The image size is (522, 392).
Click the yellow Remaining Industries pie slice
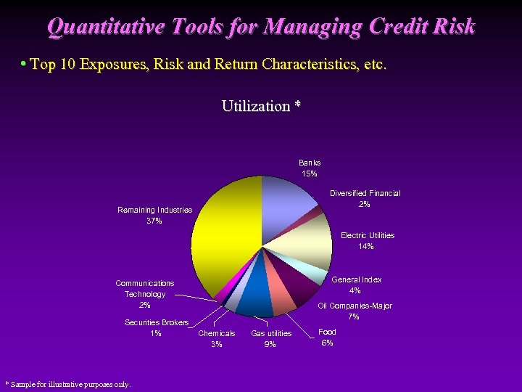point(225,232)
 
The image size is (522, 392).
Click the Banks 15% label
point(310,168)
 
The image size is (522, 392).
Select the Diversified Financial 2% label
point(365,199)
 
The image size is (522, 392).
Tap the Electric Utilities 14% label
point(367,241)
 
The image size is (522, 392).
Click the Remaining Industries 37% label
point(154,216)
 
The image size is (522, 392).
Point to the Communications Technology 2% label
point(145,294)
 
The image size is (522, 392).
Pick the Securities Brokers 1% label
point(157,328)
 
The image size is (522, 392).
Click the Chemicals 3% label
point(216,339)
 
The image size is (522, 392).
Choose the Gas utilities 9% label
point(270,339)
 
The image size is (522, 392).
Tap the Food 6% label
point(327,338)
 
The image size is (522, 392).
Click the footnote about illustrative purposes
point(67,384)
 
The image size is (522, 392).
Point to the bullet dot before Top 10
point(24,65)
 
